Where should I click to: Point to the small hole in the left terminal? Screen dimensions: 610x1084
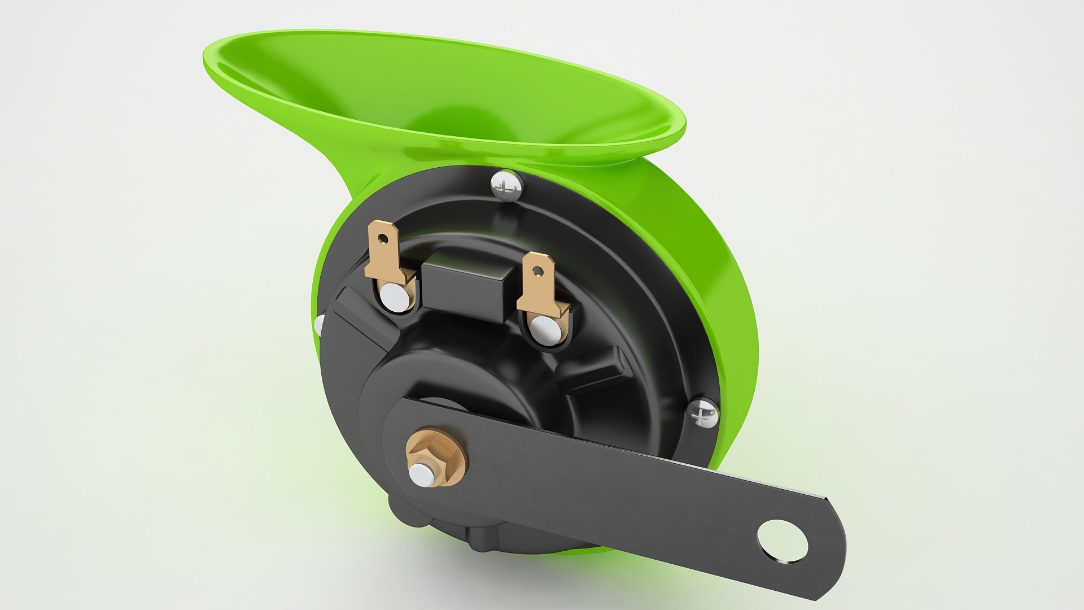coord(383,238)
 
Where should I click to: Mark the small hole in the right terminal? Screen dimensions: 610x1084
coord(539,271)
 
